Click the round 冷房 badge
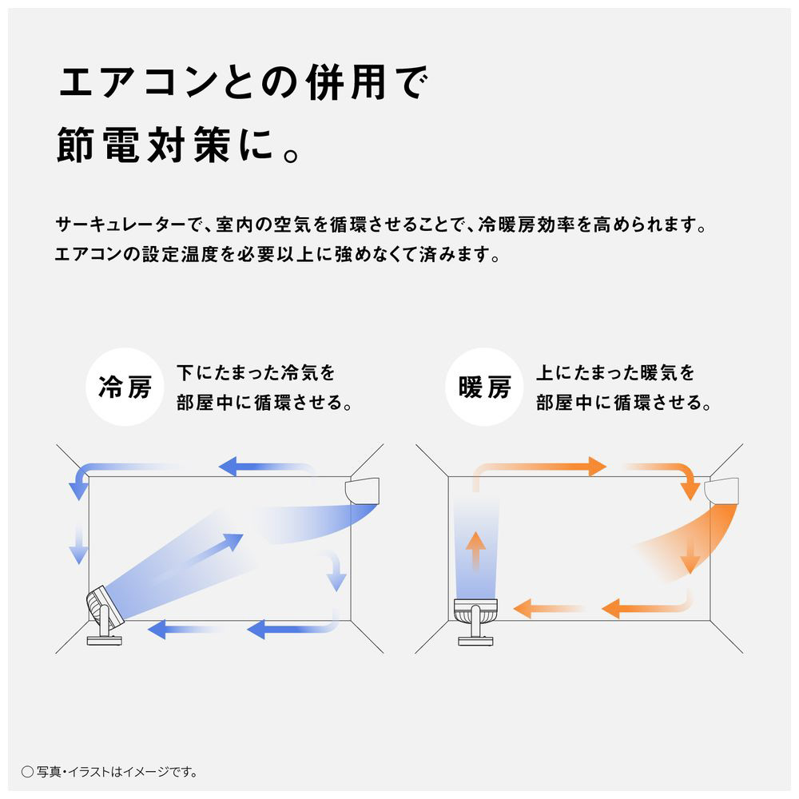(124, 388)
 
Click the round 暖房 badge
(484, 388)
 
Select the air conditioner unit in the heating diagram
(724, 490)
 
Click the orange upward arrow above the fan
(476, 551)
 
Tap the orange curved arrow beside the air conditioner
(680, 478)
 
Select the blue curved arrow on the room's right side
(336, 570)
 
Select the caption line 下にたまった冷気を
(255, 372)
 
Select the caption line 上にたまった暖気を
(614, 372)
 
